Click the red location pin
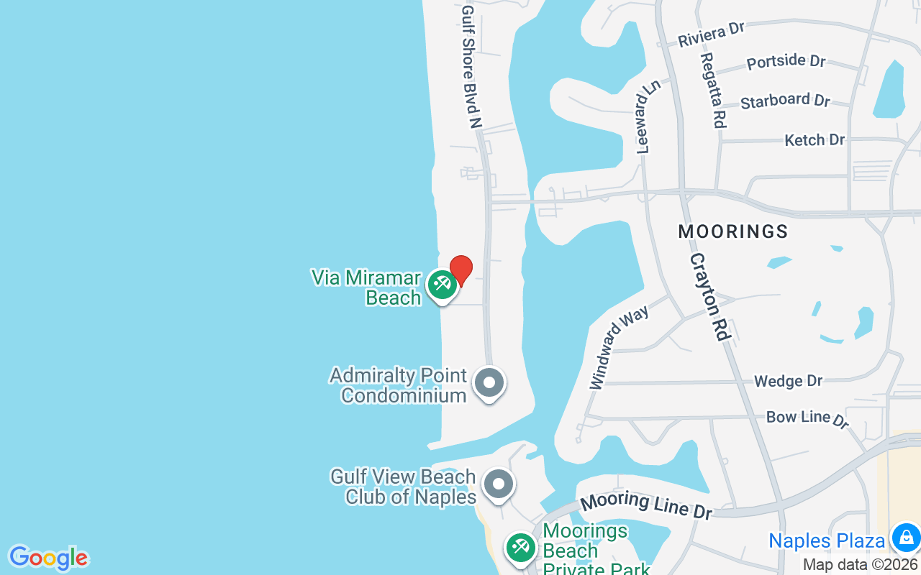click(x=460, y=270)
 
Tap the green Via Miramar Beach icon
click(x=441, y=285)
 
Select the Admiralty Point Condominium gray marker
click(x=489, y=383)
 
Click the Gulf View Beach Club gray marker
click(x=498, y=484)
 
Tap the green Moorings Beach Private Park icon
click(x=520, y=548)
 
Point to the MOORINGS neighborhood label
click(x=733, y=231)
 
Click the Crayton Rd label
click(x=710, y=296)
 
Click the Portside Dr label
click(x=786, y=62)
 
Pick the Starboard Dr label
click(x=785, y=101)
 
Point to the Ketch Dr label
click(x=815, y=139)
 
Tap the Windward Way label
click(x=619, y=347)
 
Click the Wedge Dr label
click(x=788, y=381)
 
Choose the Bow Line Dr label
click(x=807, y=418)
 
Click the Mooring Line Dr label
click(x=646, y=505)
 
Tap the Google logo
click(x=48, y=558)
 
